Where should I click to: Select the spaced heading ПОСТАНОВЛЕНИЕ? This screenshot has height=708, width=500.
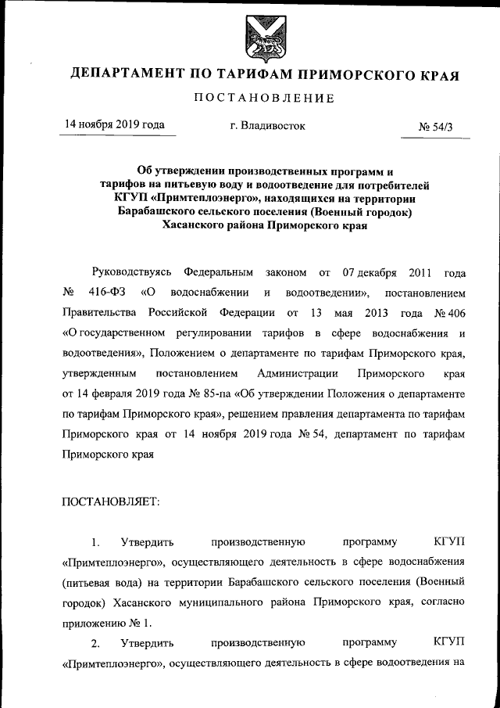(264, 99)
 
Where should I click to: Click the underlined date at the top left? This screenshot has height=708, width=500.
(114, 124)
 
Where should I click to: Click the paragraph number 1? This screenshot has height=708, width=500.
(95, 542)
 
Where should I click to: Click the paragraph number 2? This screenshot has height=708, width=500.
(95, 644)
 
